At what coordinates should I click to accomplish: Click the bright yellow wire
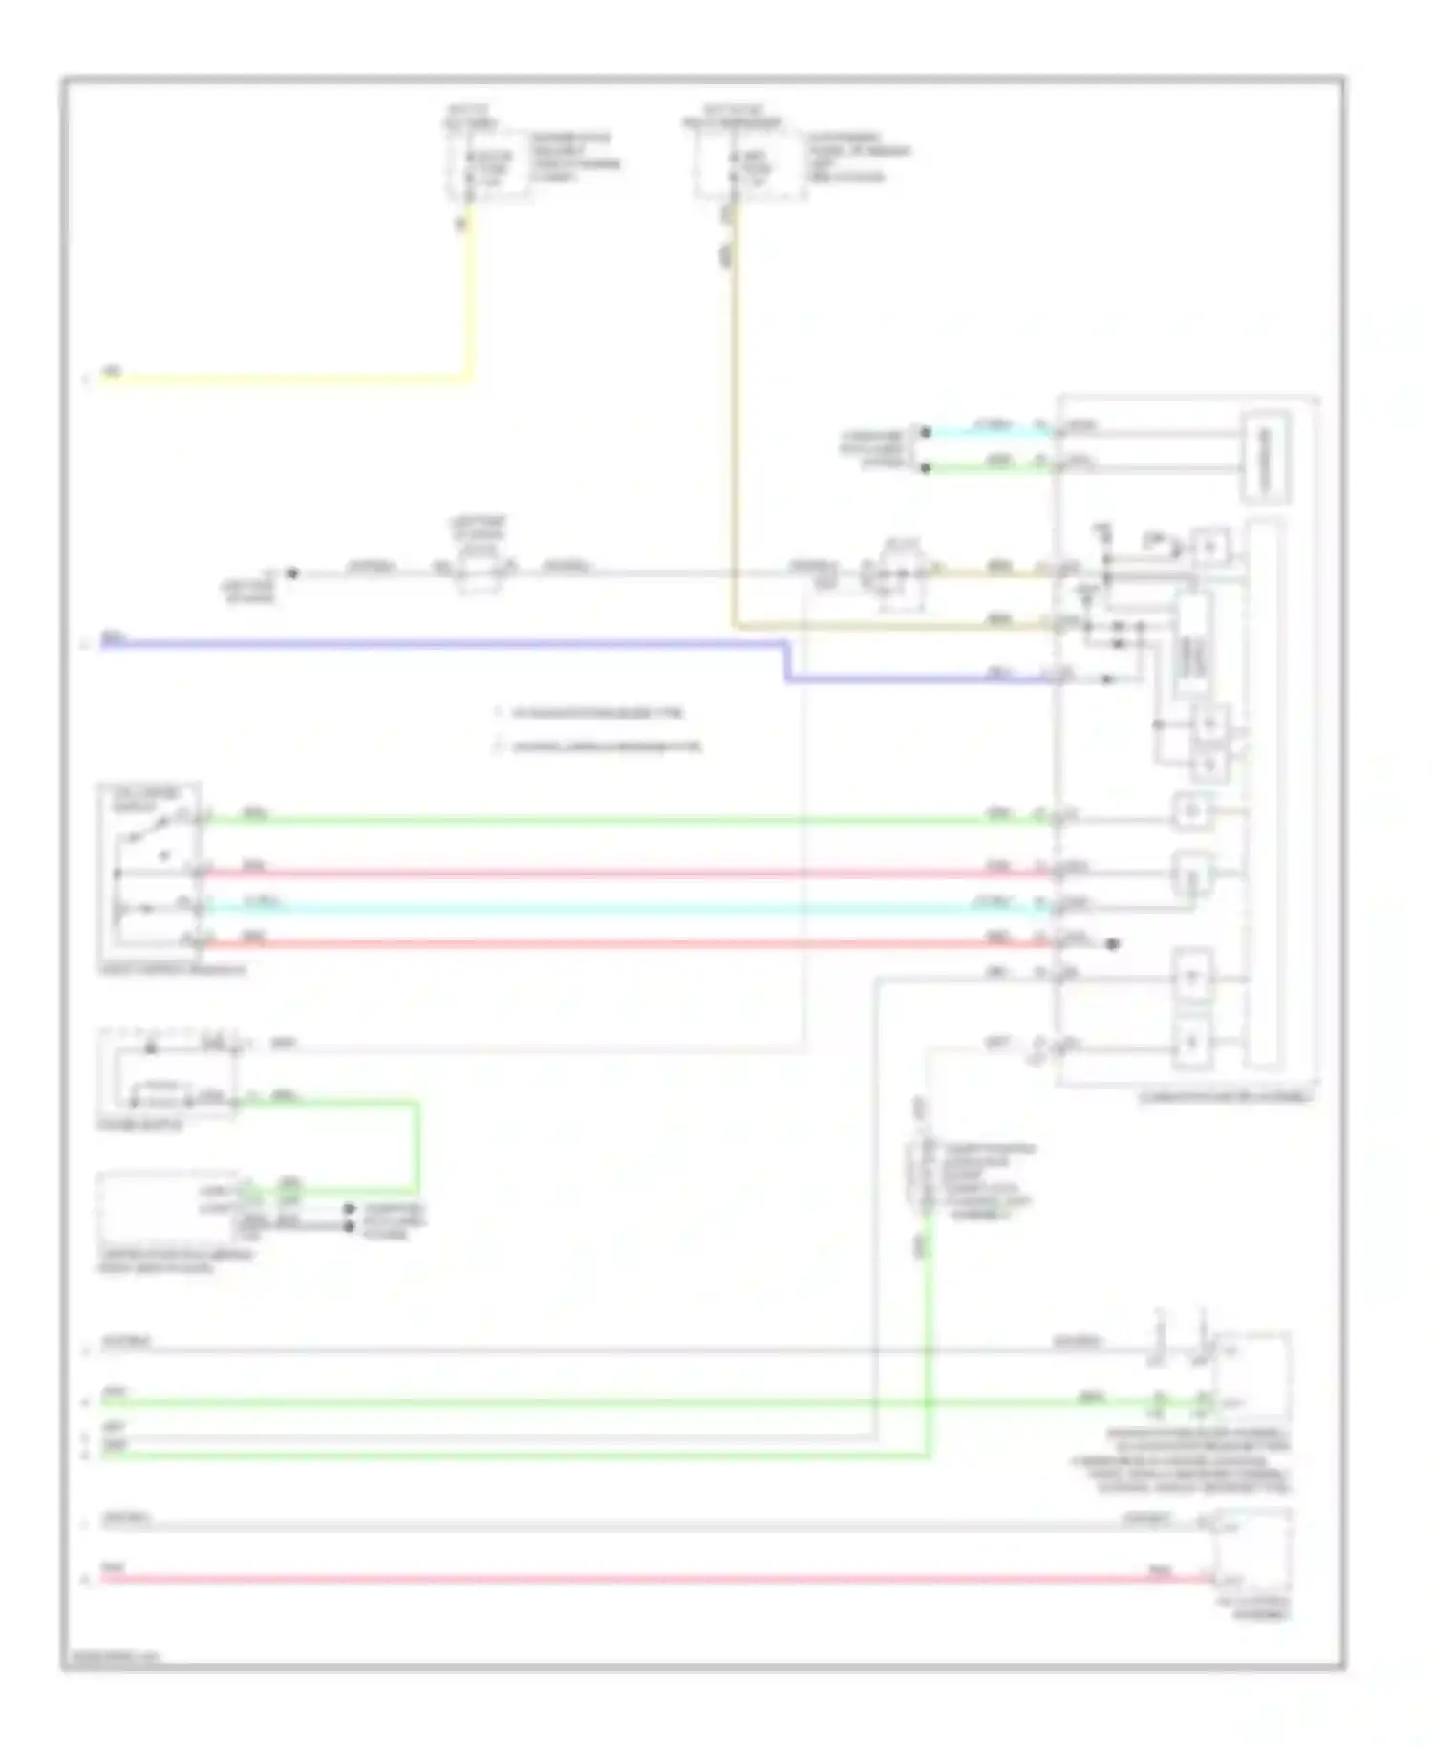point(287,378)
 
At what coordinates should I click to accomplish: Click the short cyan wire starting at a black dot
point(984,432)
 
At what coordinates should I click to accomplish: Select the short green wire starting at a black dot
point(984,468)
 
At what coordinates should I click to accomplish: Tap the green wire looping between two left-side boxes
point(417,1147)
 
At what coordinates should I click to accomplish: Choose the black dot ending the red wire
point(1112,944)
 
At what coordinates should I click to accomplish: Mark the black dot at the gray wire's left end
point(292,573)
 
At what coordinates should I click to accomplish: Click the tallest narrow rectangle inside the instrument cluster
point(1263,793)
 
